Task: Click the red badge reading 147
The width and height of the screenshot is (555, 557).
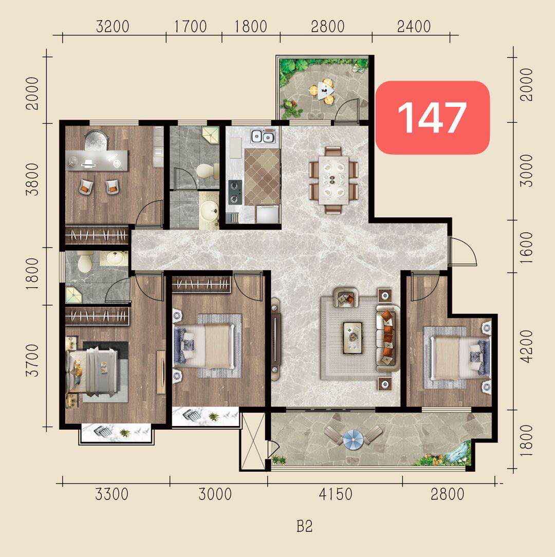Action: [432, 118]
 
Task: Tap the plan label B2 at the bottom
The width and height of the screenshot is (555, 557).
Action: [305, 527]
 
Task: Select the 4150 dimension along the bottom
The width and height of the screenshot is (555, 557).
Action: [336, 494]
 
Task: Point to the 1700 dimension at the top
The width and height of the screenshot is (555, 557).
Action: [191, 26]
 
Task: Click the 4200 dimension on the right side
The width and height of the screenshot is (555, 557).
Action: [527, 346]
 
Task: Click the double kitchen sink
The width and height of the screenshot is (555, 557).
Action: [263, 137]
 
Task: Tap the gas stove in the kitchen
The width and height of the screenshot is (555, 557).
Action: [235, 192]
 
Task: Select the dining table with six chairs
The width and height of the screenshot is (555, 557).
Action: [333, 180]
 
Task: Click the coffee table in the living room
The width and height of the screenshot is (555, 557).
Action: [353, 338]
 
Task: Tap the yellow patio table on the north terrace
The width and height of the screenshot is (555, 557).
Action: [323, 91]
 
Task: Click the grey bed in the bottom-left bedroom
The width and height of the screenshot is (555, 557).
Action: [92, 372]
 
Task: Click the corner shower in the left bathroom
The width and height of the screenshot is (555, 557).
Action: [74, 295]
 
